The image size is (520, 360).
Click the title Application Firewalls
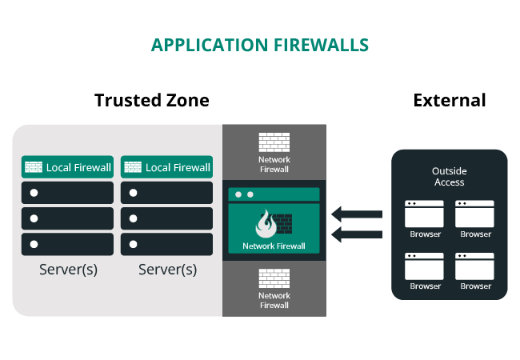click(260, 45)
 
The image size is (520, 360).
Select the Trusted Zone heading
click(152, 100)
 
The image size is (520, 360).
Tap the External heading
click(449, 100)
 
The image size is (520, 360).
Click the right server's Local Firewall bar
click(166, 167)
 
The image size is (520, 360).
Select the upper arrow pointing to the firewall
click(358, 214)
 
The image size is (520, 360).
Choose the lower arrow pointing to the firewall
click(358, 234)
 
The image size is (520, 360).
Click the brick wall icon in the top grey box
click(274, 142)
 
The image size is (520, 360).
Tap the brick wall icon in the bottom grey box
click(274, 278)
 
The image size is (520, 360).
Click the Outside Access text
click(449, 177)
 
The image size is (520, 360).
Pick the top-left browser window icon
click(424, 214)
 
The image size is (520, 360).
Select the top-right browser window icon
click(474, 214)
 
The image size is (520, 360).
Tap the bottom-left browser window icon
click(424, 266)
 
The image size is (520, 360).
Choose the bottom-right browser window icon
click(474, 266)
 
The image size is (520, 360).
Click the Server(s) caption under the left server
click(68, 270)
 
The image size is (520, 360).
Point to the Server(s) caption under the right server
click(167, 270)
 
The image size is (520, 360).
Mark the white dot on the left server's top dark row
click(34, 194)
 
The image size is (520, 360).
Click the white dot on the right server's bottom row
click(133, 243)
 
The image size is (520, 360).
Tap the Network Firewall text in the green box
click(274, 246)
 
